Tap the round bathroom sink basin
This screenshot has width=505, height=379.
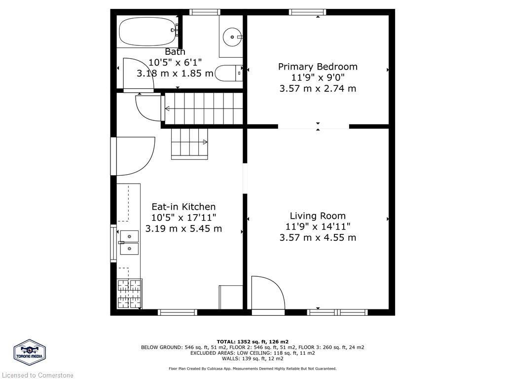pos(231,37)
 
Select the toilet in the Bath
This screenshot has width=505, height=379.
pos(230,74)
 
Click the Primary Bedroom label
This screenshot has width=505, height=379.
pos(318,67)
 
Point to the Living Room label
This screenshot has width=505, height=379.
pos(318,216)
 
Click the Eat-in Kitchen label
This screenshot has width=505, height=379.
pos(183,207)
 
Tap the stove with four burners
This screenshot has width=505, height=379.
pos(129,294)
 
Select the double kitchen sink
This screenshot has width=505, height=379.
pos(129,242)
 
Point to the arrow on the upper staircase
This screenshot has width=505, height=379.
pos(168,109)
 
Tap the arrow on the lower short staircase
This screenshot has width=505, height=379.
pos(205,142)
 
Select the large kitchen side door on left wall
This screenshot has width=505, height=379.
pos(132,156)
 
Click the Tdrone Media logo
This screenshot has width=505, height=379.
pos(30,352)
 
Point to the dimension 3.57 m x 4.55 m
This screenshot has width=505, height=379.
pos(318,237)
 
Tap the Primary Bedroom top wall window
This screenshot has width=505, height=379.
pos(307,12)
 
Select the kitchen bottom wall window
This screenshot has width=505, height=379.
pos(177,312)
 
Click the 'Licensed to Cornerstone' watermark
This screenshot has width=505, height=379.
pos(37,375)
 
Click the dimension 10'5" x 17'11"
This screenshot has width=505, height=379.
pos(183,218)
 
